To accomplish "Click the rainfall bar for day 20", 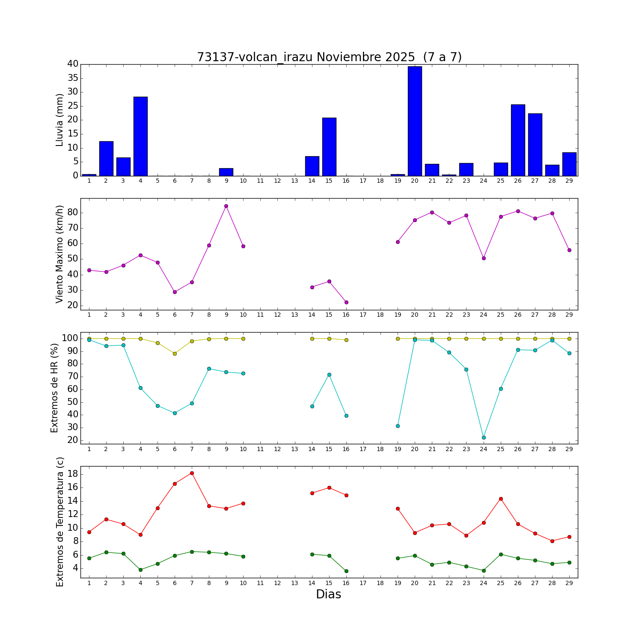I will (415, 121).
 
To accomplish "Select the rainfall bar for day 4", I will (140, 136).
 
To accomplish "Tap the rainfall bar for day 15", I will (329, 147).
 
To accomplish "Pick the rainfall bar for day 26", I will (518, 140).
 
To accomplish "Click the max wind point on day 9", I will (226, 206).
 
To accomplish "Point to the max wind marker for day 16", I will (346, 302).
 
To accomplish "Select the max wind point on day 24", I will (484, 258).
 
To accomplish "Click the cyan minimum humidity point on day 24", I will (484, 437).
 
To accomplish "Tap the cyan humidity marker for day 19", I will (398, 426).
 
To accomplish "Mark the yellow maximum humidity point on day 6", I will (175, 354).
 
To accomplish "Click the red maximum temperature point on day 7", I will (192, 473).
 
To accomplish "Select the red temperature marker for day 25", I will (501, 499).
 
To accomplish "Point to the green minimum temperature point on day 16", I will (346, 571).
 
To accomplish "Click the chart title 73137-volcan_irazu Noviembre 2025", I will (329, 57).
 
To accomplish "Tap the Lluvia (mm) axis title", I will (59, 120).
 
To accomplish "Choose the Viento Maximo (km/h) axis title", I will (59, 254).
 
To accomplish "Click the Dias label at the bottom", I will (328, 594).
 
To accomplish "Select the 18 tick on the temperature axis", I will (72, 474).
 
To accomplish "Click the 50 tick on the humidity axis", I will (72, 402).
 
